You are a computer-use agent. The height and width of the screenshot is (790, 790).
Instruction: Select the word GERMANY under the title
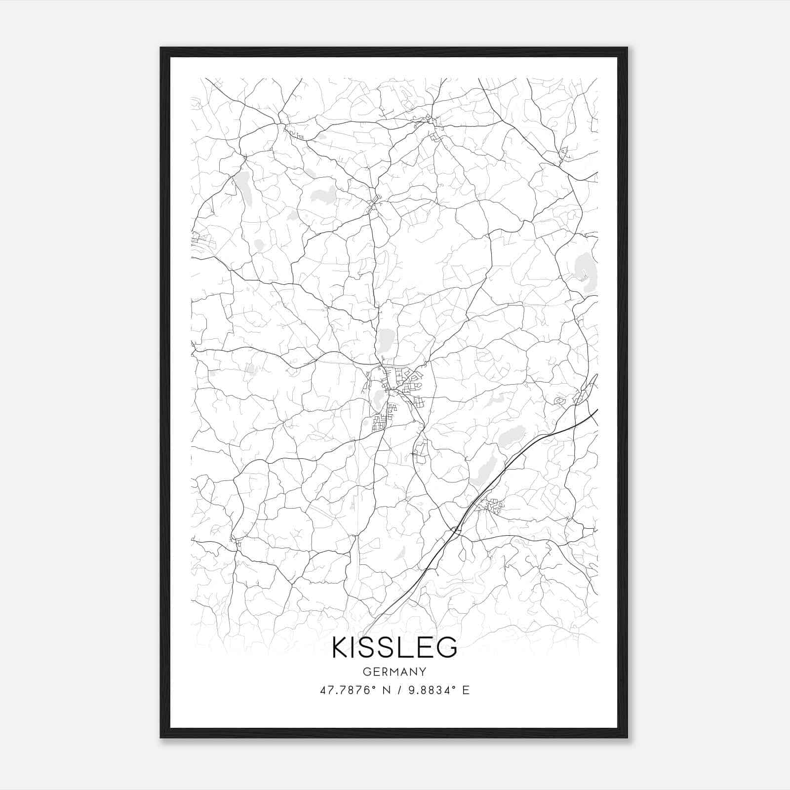(x=395, y=671)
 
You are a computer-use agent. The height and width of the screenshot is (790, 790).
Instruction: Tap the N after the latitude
(x=387, y=690)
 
